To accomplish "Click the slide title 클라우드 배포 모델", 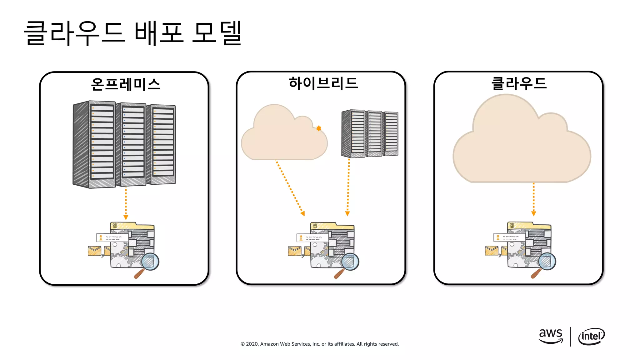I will click(133, 33).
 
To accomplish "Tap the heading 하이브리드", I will click(323, 83).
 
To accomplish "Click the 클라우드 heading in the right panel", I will click(519, 83).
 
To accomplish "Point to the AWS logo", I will click(551, 336).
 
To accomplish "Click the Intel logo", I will click(591, 336).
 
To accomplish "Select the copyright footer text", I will click(319, 344).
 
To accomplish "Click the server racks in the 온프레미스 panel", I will click(124, 144).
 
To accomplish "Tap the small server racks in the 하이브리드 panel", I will click(370, 133).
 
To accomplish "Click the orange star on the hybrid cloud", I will click(318, 128).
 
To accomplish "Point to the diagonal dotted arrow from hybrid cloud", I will click(289, 187).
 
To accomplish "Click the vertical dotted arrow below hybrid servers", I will click(348, 187).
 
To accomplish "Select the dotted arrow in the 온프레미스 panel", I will click(126, 203).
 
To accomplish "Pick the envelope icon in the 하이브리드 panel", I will click(294, 251).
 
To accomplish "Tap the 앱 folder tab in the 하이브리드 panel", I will click(315, 226).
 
